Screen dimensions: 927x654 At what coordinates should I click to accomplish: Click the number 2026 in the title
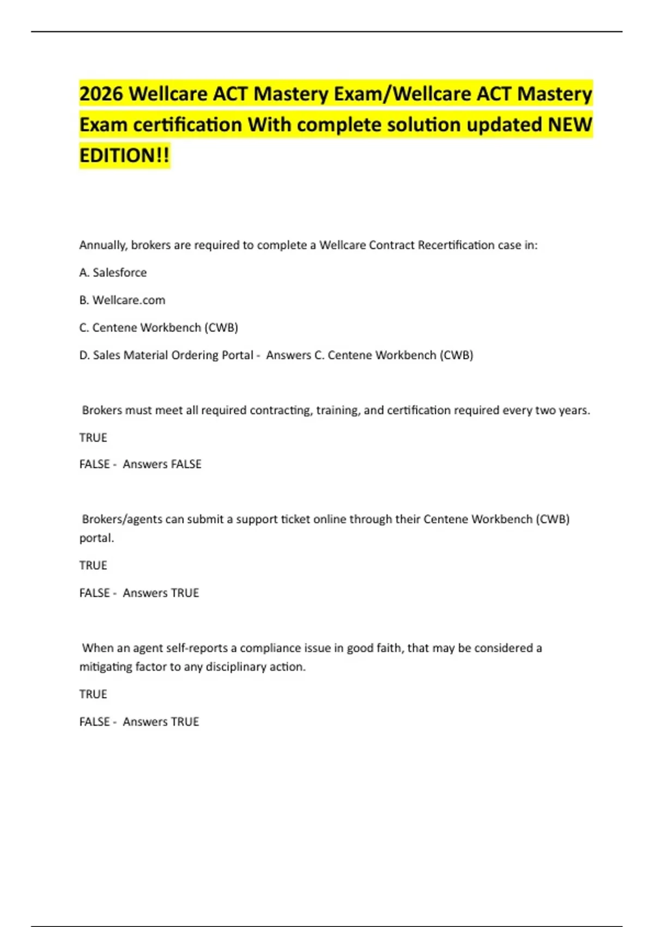tap(101, 94)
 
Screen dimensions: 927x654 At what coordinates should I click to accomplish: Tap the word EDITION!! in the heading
tap(124, 155)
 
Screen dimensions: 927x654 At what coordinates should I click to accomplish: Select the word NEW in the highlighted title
tap(570, 124)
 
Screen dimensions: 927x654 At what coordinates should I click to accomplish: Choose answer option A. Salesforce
tap(113, 273)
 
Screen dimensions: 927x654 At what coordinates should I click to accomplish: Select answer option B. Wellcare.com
tap(122, 300)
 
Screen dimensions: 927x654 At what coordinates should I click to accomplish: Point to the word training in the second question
tap(337, 410)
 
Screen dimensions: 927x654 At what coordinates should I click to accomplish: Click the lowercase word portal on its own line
tap(96, 538)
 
